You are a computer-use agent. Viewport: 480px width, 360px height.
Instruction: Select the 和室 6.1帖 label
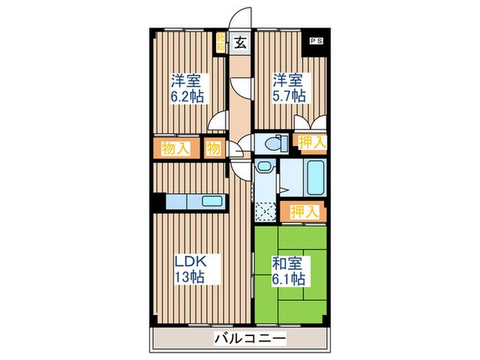pyautogui.click(x=289, y=270)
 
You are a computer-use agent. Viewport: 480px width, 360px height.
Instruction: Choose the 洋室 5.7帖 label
pyautogui.click(x=289, y=88)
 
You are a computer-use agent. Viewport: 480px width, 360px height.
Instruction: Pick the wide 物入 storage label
pyautogui.click(x=176, y=148)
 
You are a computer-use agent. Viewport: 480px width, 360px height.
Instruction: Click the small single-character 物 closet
pyautogui.click(x=213, y=148)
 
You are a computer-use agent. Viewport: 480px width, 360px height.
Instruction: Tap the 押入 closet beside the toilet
pyautogui.click(x=312, y=142)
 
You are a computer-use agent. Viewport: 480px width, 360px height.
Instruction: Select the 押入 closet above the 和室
pyautogui.click(x=302, y=212)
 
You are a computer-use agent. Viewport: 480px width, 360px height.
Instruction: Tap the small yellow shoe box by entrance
pyautogui.click(x=221, y=42)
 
